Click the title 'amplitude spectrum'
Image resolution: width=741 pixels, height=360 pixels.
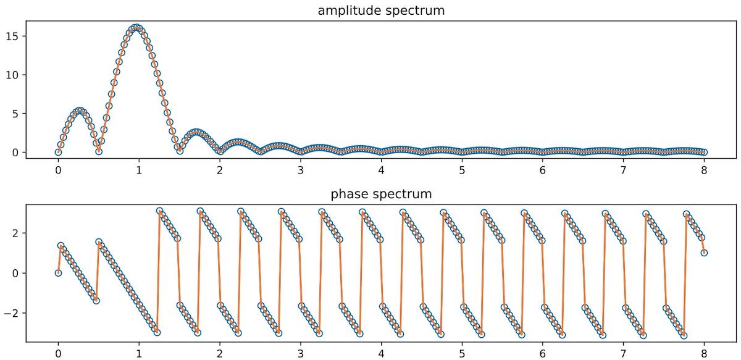click(x=382, y=10)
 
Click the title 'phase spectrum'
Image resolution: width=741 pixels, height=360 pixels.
click(x=382, y=195)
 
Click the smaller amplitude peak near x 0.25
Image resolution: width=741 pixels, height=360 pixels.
click(x=78, y=111)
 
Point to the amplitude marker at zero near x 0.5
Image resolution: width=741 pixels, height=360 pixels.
click(x=99, y=151)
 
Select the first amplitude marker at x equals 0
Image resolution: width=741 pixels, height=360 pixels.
click(x=58, y=152)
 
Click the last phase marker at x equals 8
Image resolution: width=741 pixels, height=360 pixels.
click(x=704, y=253)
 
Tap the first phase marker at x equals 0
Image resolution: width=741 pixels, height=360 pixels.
click(x=58, y=273)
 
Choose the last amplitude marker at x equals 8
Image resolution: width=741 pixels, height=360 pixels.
click(x=704, y=152)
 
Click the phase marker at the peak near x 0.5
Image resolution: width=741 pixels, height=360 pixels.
click(x=99, y=242)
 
